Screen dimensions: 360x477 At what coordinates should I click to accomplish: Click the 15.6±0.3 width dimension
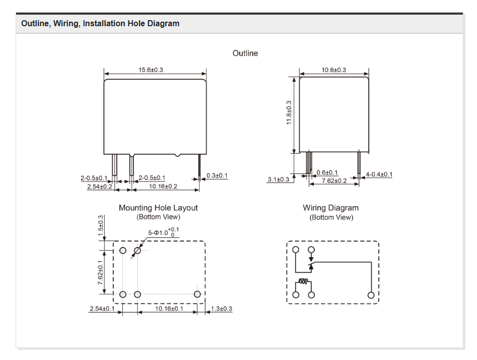coord(151,70)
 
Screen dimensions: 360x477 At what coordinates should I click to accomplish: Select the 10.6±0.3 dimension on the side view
coord(333,70)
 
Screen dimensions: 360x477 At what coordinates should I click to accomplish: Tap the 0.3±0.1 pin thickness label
coord(217,175)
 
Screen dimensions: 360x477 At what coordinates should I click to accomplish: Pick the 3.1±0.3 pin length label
coord(278,180)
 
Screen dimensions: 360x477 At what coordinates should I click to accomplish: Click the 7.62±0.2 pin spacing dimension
coord(334,181)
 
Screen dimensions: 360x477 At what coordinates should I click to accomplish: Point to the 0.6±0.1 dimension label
coord(327,173)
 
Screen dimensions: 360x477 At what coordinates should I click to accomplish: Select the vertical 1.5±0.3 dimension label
coord(100,225)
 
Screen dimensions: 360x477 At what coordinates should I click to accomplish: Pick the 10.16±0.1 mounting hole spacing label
coord(169,309)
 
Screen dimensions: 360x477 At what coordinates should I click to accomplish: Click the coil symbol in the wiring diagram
coord(303,282)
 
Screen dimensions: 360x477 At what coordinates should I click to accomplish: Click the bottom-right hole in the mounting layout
coord(197,294)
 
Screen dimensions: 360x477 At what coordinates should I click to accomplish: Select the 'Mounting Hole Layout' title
coord(158,208)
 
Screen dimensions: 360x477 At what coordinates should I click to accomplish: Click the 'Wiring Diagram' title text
coord(330,208)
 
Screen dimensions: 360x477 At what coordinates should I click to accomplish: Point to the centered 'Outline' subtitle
coord(245,53)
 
